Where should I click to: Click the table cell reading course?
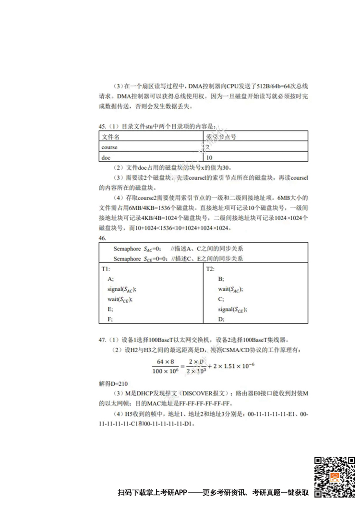[x=109, y=147]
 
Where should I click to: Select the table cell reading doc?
[x=106, y=157]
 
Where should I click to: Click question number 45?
[x=102, y=126]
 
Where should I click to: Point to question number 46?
[x=102, y=238]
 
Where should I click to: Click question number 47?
[x=102, y=340]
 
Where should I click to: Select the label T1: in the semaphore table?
[x=106, y=269]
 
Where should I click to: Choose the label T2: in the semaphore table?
[x=210, y=269]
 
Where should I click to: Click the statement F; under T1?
[x=110, y=319]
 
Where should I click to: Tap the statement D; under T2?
[x=221, y=319]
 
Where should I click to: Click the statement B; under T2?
[x=221, y=279]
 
